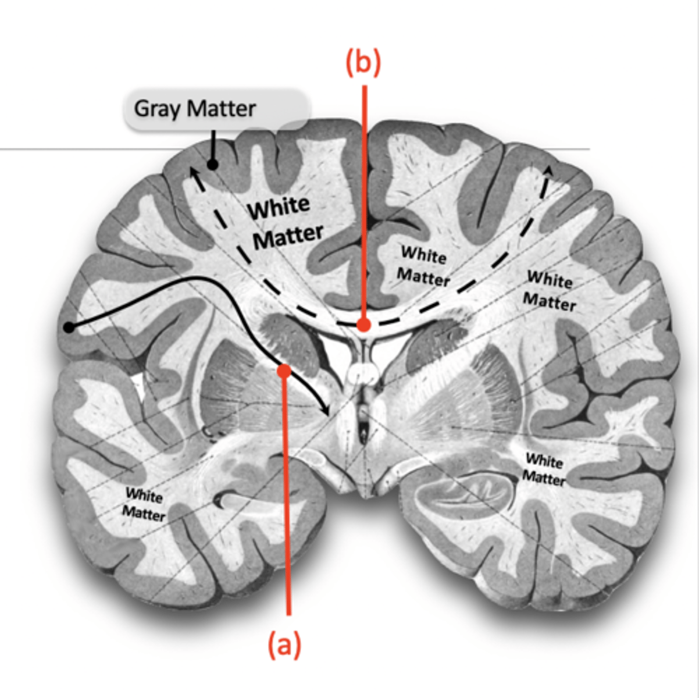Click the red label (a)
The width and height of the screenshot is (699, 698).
(x=284, y=645)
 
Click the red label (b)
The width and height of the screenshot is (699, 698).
(x=363, y=62)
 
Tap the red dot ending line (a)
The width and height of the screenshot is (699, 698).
(x=284, y=370)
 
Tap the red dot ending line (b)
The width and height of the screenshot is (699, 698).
(x=364, y=325)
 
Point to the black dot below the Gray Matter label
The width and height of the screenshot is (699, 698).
(x=213, y=165)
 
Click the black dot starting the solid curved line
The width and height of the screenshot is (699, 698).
(x=69, y=328)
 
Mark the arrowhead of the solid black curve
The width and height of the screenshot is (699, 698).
(x=326, y=412)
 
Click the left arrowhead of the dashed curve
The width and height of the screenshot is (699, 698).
(x=191, y=169)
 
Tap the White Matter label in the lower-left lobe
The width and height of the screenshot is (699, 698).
(x=144, y=504)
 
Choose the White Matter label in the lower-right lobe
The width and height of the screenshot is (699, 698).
(x=544, y=469)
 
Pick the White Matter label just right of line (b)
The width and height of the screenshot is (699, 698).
(x=424, y=266)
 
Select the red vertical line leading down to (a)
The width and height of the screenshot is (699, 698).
(x=286, y=494)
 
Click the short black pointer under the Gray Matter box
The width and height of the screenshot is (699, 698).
(x=213, y=145)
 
